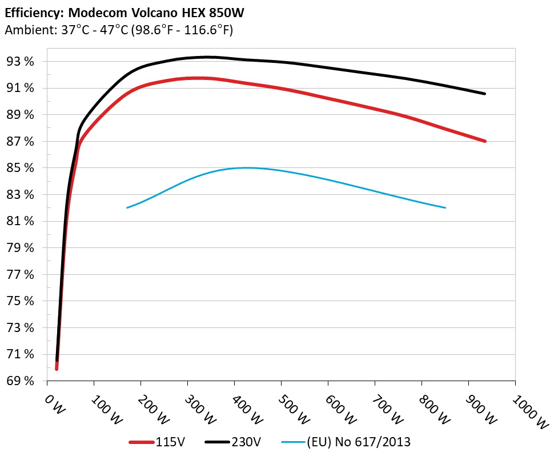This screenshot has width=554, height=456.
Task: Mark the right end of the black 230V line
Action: [x=485, y=93]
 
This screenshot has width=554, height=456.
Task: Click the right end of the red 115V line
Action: [x=485, y=141]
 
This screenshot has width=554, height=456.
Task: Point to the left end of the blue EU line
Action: [x=127, y=207]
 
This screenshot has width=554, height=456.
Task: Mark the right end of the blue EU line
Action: [x=445, y=207]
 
